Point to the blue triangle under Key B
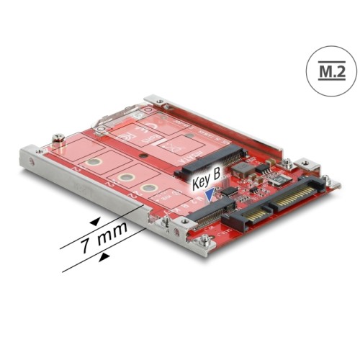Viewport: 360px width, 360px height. point(210,193)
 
